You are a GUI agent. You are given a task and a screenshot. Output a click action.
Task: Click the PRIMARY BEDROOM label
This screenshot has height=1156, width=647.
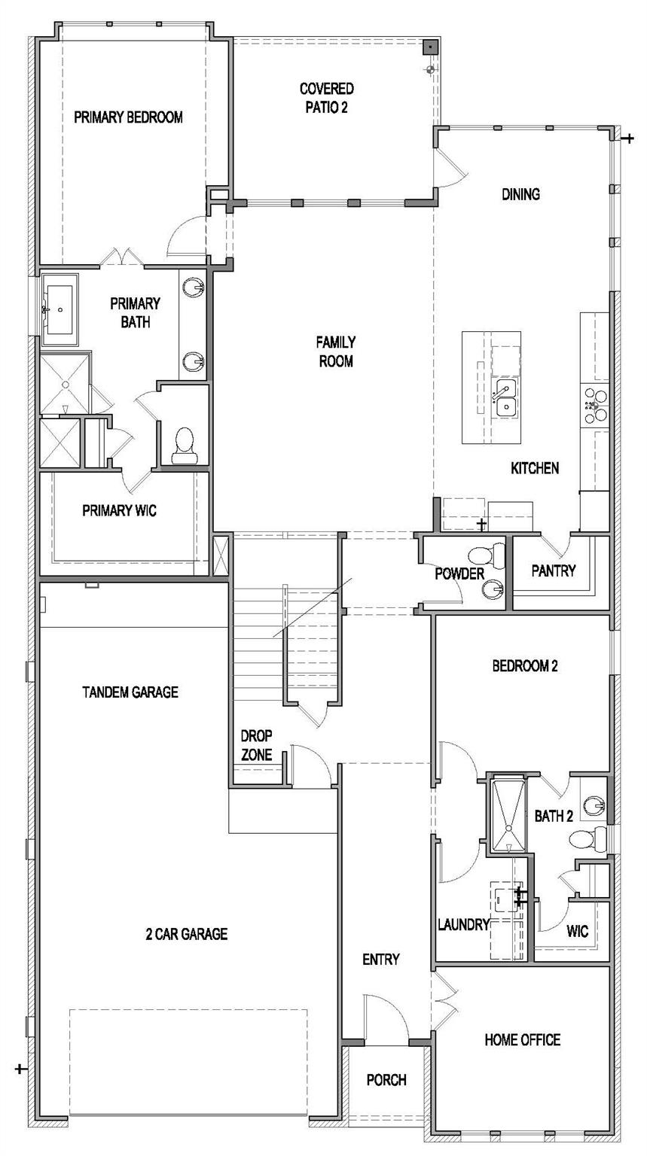point(128,117)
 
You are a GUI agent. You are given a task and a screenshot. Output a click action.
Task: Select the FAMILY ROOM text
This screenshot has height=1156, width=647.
point(335,351)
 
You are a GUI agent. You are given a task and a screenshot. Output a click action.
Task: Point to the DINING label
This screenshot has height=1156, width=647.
point(520,194)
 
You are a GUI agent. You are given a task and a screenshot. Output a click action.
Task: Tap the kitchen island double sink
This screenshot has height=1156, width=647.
point(505,398)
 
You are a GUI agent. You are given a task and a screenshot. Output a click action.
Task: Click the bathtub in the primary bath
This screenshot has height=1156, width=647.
point(60,309)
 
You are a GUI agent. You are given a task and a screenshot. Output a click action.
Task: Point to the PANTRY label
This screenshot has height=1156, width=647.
point(553,570)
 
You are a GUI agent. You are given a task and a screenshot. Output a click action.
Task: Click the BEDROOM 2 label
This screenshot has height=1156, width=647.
point(524,666)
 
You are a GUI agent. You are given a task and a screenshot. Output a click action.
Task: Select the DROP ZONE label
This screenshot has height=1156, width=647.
point(256,745)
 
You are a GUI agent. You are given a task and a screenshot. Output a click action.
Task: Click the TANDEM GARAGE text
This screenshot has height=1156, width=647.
point(130,692)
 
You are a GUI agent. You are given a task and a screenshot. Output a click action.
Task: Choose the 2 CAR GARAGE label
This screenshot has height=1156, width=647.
point(186,935)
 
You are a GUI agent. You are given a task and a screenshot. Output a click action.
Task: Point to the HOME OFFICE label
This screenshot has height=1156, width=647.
point(522,1040)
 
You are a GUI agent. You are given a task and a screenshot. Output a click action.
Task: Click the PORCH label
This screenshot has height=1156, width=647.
point(386,1080)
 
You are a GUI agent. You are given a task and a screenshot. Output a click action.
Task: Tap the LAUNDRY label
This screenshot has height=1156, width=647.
point(463,925)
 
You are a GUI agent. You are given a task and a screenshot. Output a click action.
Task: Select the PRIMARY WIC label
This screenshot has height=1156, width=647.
point(119,510)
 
